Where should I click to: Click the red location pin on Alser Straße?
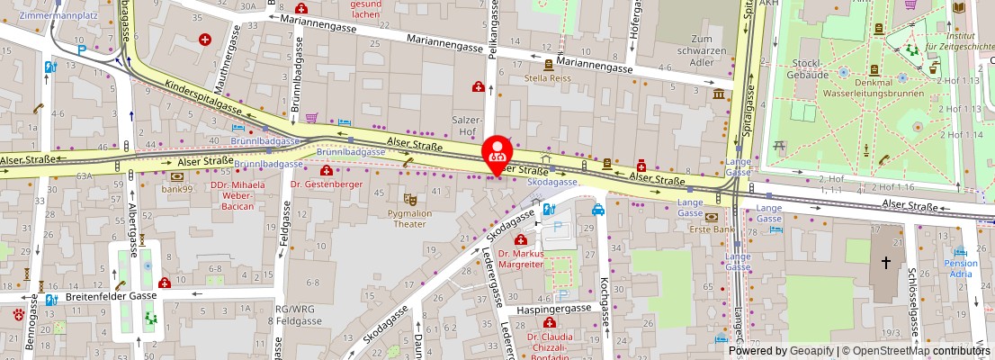496,152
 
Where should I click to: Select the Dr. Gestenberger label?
327,184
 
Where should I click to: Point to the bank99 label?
177,188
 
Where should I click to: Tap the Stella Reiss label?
549,77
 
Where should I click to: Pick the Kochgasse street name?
605,306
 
